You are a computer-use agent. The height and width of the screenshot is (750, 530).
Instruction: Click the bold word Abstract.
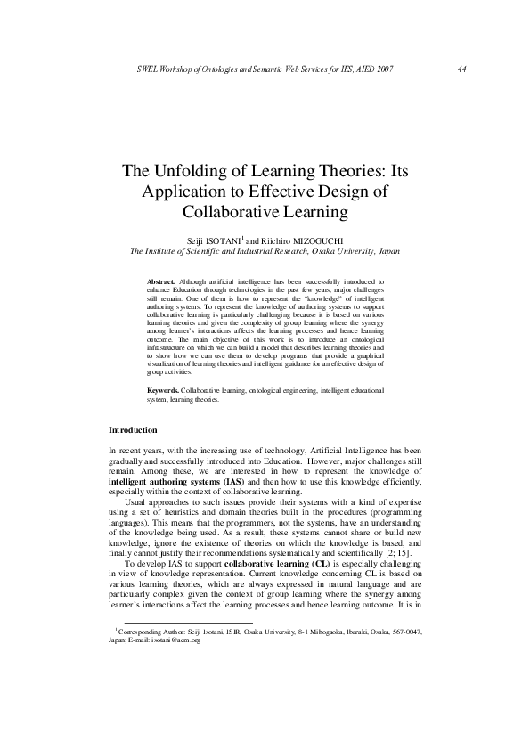click(x=161, y=281)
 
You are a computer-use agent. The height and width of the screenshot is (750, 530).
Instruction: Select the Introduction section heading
click(x=133, y=431)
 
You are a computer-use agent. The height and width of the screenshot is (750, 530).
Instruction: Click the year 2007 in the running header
click(x=379, y=69)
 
